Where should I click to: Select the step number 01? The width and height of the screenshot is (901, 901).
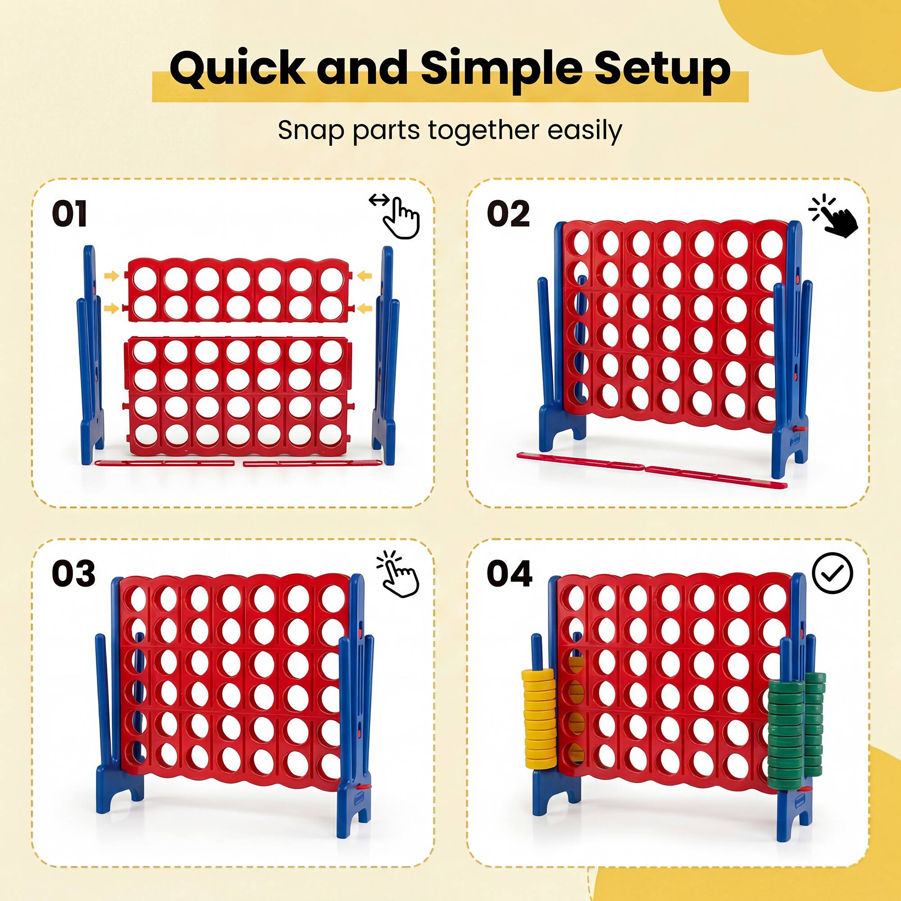[x=69, y=214]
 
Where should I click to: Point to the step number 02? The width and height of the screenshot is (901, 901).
[x=508, y=214]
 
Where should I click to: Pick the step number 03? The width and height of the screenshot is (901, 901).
[x=73, y=574]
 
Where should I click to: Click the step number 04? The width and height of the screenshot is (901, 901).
[x=509, y=574]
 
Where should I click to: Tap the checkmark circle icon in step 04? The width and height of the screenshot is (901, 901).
[x=832, y=573]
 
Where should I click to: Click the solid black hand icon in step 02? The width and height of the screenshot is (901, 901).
[x=835, y=215]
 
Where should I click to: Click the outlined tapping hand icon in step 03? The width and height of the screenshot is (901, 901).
[x=399, y=575]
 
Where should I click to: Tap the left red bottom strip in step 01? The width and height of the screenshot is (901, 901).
[x=164, y=463]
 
